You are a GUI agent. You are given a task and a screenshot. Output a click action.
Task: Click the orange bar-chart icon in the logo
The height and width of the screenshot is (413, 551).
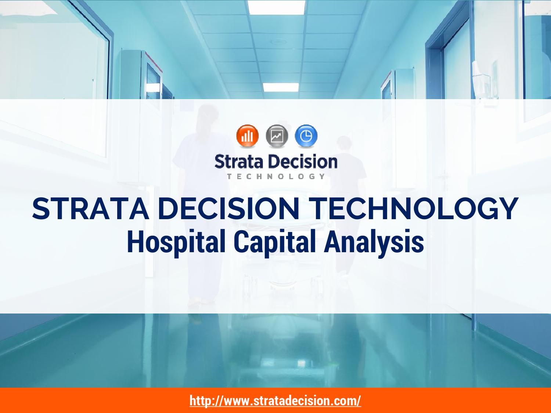click(x=248, y=135)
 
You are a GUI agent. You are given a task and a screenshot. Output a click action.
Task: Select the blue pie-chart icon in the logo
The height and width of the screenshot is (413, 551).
click(x=306, y=135)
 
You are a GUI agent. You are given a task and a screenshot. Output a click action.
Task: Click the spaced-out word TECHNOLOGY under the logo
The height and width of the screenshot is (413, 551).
click(x=276, y=176)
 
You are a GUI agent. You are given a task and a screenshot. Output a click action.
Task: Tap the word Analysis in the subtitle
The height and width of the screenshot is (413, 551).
click(x=374, y=243)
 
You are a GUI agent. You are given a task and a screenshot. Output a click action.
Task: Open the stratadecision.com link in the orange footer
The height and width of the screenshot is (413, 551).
click(x=275, y=400)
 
